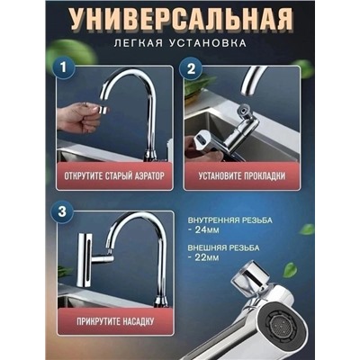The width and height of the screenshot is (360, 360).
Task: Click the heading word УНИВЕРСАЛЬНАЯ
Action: (x=179, y=19)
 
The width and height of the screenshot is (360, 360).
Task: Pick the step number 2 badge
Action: (x=191, y=67)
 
